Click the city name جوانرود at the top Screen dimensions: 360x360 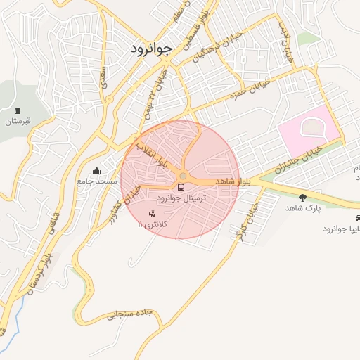(151, 49)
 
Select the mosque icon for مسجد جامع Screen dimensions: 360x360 (96, 170)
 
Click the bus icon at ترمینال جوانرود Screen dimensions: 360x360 (181, 188)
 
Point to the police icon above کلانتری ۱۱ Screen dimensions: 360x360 (153, 213)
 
